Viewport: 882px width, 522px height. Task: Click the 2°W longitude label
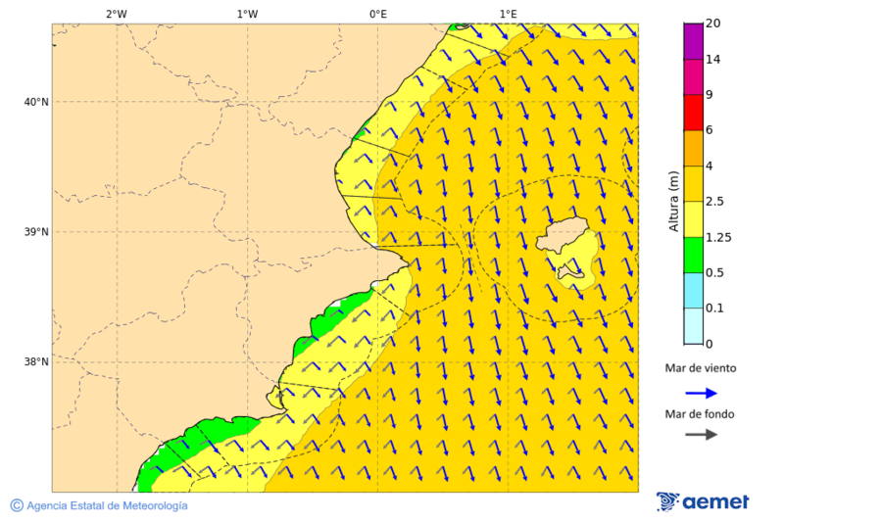[116, 14]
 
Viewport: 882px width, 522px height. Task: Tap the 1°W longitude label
[247, 14]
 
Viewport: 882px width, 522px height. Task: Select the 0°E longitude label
[377, 14]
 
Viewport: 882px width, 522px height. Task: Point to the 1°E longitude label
[508, 14]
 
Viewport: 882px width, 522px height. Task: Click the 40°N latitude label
[36, 102]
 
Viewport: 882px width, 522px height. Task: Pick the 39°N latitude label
[36, 232]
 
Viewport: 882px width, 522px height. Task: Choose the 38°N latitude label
[36, 362]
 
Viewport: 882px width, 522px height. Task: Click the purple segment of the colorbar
[693, 41]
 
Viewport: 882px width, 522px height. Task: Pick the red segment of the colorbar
[693, 113]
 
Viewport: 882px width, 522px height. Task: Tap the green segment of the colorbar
[693, 255]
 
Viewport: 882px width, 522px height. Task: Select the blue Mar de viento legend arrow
[701, 393]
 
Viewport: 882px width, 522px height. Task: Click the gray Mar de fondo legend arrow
[701, 435]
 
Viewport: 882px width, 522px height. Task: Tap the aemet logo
[703, 502]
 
